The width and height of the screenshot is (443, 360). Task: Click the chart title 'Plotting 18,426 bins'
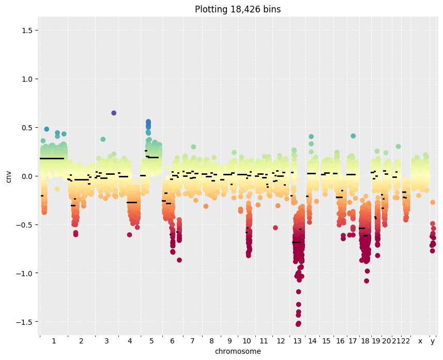click(x=238, y=9)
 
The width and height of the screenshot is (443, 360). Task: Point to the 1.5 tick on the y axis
click(x=24, y=31)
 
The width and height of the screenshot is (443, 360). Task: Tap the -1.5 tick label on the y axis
click(x=23, y=322)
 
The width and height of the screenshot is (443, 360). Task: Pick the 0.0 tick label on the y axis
click(x=24, y=176)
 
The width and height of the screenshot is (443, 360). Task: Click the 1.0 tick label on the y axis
click(x=24, y=79)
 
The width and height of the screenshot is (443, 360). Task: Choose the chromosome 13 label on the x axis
click(x=297, y=341)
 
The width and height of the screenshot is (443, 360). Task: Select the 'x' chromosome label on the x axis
click(x=420, y=341)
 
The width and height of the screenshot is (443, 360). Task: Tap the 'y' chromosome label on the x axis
click(x=433, y=341)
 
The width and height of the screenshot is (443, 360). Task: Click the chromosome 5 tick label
click(x=151, y=341)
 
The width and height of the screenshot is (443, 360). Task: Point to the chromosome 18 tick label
click(x=365, y=341)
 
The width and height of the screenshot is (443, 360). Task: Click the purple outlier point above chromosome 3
click(x=114, y=113)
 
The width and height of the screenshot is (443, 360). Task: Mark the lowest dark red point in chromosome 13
click(x=298, y=324)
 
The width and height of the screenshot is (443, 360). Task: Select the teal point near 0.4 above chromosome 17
click(x=353, y=136)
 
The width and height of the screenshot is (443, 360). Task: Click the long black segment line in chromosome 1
click(x=52, y=159)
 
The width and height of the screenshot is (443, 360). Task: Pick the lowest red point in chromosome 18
click(x=366, y=281)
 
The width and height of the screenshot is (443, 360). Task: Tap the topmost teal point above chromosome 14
click(x=311, y=137)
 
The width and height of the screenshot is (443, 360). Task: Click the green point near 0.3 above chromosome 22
click(x=399, y=146)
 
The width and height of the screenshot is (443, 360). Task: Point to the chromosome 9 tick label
click(x=230, y=341)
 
